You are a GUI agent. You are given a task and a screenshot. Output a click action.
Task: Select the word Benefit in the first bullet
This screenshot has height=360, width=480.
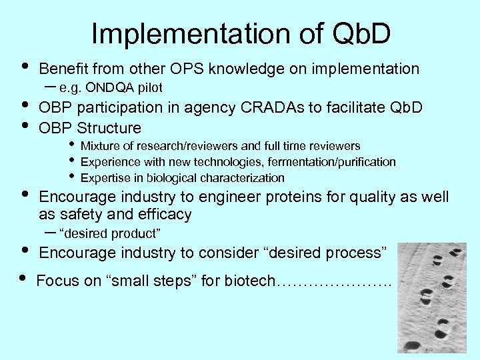coord(64,69)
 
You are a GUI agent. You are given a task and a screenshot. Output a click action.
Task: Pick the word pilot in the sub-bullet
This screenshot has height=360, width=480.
coord(149,87)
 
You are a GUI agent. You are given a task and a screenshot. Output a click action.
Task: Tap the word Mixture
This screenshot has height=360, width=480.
coord(101,146)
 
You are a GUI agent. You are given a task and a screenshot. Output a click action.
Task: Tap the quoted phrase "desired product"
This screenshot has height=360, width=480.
coord(109,233)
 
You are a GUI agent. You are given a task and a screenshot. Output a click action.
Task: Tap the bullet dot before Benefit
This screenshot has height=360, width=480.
coord(25,66)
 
